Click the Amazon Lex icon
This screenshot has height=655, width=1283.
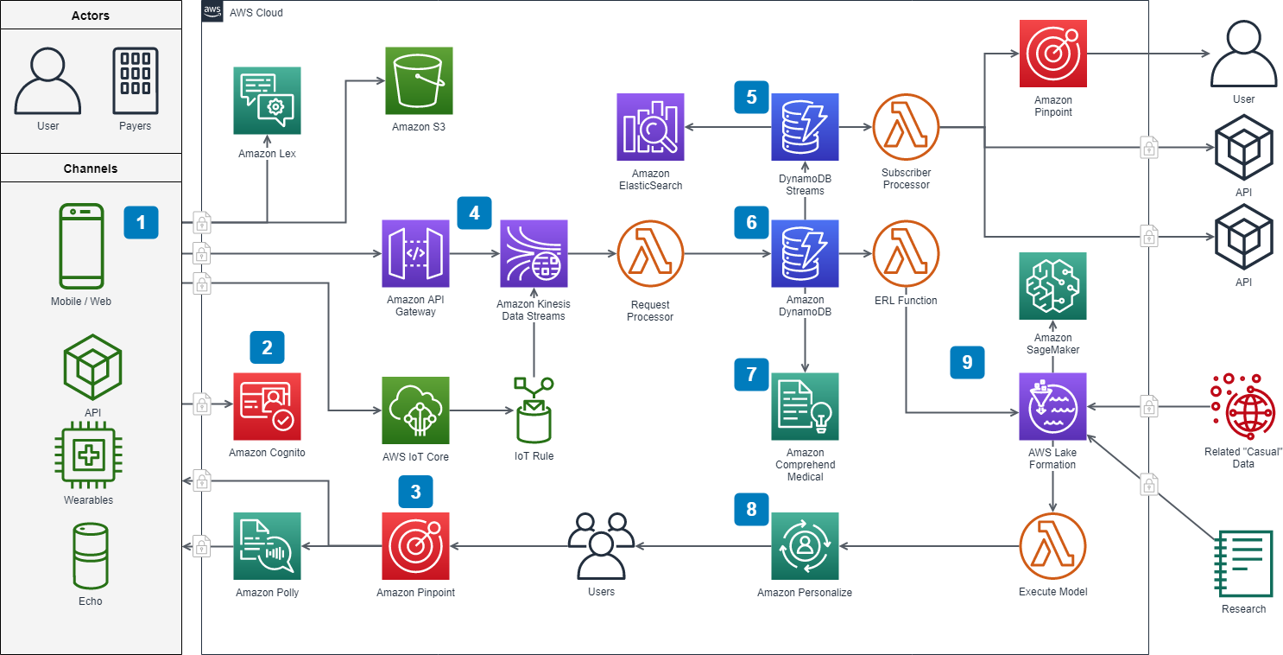point(267,101)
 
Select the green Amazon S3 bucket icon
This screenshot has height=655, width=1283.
point(419,81)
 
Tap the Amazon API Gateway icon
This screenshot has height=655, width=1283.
point(415,253)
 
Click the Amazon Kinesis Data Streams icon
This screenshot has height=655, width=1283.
point(534,253)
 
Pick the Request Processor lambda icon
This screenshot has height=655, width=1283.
point(651,253)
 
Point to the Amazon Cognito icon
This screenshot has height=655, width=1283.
point(267,406)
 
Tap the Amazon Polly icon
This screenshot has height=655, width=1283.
point(267,545)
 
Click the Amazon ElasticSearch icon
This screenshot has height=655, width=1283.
point(650,127)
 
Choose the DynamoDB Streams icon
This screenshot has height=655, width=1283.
point(805,127)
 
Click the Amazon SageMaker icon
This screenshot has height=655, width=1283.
point(1052,286)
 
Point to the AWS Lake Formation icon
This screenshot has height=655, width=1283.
point(1052,406)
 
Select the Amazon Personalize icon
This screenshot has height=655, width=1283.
point(805,545)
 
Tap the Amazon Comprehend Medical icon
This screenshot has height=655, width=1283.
point(805,406)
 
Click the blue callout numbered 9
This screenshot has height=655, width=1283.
point(967,362)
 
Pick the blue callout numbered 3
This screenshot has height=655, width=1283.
point(415,492)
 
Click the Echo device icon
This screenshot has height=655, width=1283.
point(90,556)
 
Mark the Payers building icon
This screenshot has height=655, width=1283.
point(135,81)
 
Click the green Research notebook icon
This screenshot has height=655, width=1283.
point(1243,563)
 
